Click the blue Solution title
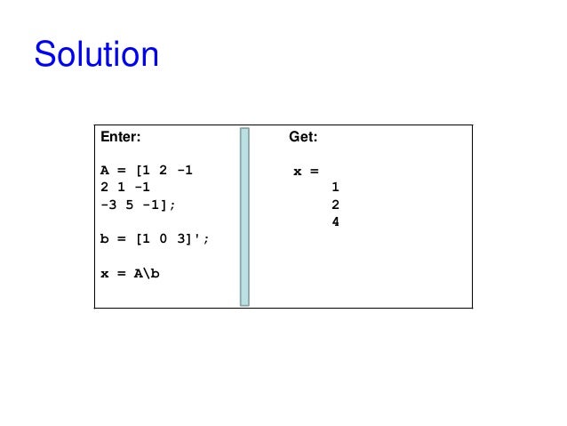[x=96, y=55]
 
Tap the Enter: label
[x=120, y=138]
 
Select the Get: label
[x=303, y=138]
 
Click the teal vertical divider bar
[x=244, y=217]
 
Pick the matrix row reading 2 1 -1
[x=125, y=188]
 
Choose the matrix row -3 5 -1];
[x=138, y=205]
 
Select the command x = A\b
[x=130, y=273]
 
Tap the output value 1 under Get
[x=335, y=188]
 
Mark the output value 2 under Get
[x=335, y=205]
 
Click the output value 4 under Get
[x=335, y=221]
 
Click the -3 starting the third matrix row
[x=108, y=205]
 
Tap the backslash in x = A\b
[x=147, y=273]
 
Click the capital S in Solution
[x=45, y=55]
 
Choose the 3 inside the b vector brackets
[x=180, y=238]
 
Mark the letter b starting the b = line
[x=104, y=238]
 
